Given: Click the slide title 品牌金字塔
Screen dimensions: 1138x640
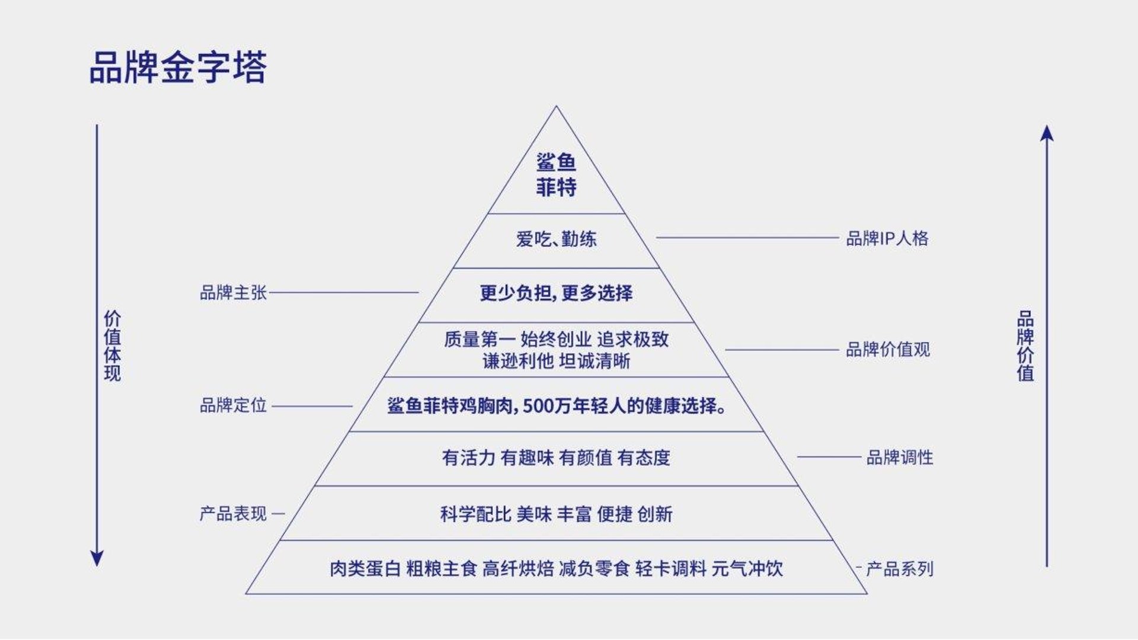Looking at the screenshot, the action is coord(178,67).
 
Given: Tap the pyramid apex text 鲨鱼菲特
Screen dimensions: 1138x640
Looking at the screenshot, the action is coord(556,175).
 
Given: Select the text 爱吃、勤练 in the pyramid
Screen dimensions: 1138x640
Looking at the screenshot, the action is coord(556,239).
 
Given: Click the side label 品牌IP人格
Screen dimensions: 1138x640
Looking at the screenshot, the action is coord(887,238).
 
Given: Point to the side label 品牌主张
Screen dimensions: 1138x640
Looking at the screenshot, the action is coord(234,293).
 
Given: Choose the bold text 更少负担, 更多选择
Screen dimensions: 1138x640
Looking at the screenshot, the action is coord(556,293).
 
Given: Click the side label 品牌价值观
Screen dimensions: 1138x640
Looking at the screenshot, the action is coord(888,350).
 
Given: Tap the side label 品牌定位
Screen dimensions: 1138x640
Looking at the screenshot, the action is coord(234,406).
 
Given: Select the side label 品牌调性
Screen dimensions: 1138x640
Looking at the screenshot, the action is coord(900,457).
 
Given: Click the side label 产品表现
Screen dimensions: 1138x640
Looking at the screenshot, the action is coord(234,514).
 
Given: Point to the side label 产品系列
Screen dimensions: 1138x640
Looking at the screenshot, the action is coord(900,569).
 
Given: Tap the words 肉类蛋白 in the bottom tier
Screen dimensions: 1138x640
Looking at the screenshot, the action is coord(365,569).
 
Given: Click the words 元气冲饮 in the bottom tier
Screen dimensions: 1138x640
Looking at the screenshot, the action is coord(747,569).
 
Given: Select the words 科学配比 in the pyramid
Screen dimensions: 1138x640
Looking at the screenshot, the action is coord(475,514).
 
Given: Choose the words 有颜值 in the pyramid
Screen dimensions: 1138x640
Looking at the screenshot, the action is coord(586,458).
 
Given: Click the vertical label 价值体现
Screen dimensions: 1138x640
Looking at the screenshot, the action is coord(113,345).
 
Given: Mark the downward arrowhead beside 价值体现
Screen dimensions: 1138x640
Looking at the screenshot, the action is coord(97,558).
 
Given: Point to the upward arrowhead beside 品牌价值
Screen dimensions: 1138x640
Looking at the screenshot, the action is coord(1047,133).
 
